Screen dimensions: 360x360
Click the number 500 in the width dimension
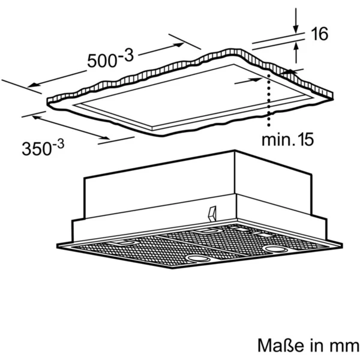pos(102,61)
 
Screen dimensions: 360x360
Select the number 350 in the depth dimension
pos(37,149)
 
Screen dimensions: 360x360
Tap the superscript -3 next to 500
pos(126,56)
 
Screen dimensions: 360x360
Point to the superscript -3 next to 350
pos(58,144)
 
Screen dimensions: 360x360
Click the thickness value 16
pos(319,34)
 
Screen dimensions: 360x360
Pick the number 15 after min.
pos(305,139)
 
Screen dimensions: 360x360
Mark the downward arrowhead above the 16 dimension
pos(296,30)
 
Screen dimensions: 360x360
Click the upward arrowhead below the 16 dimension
pos(296,46)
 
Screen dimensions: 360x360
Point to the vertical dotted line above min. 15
pos(268,100)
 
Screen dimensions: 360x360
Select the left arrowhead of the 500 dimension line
pos(32,85)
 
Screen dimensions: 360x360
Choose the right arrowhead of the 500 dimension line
pos(179,44)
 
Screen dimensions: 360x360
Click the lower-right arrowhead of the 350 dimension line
pos(106,138)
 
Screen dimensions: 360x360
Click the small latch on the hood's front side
pos(212,214)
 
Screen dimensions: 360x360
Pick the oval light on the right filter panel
pos(275,249)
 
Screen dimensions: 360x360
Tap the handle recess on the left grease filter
pos(123,242)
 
